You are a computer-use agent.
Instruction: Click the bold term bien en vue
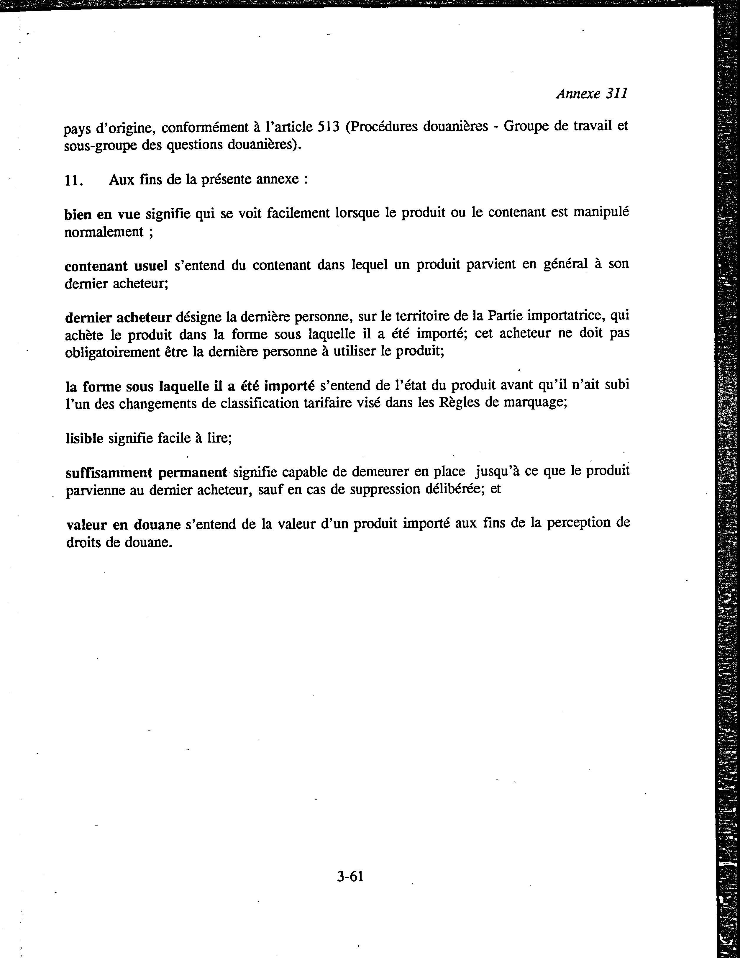click(x=102, y=214)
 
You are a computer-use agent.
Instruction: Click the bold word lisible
click(x=84, y=438)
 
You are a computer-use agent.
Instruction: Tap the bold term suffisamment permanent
click(x=146, y=472)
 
